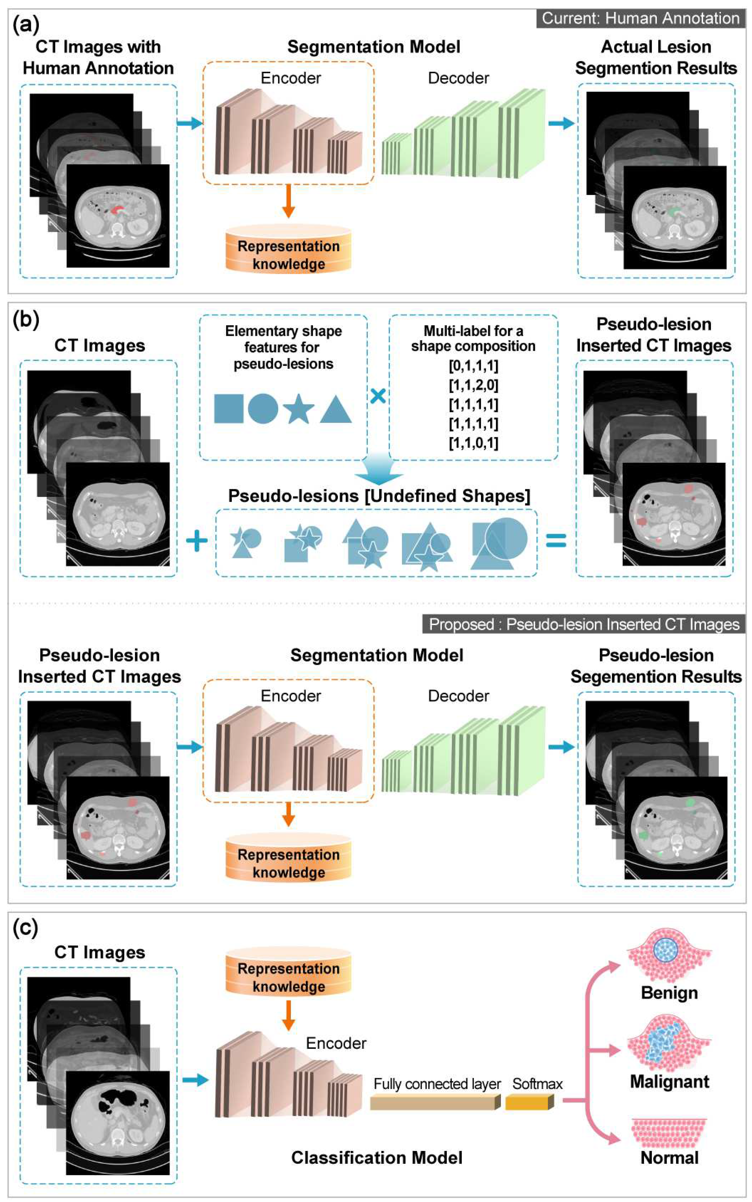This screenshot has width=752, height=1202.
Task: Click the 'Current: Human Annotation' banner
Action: [640, 18]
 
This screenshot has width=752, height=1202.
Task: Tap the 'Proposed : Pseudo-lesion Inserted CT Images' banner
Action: [584, 624]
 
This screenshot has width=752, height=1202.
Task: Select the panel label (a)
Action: [26, 24]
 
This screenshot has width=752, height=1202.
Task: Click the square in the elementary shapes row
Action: [228, 408]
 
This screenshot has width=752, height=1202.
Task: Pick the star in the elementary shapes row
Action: [298, 409]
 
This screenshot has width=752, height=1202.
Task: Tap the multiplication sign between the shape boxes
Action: [378, 396]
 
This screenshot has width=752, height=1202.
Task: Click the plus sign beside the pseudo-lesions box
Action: [197, 541]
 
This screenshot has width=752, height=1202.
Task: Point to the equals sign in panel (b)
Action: [556, 541]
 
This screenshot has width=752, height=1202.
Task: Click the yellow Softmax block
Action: [529, 1102]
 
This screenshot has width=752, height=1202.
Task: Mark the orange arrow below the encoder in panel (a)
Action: [288, 201]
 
